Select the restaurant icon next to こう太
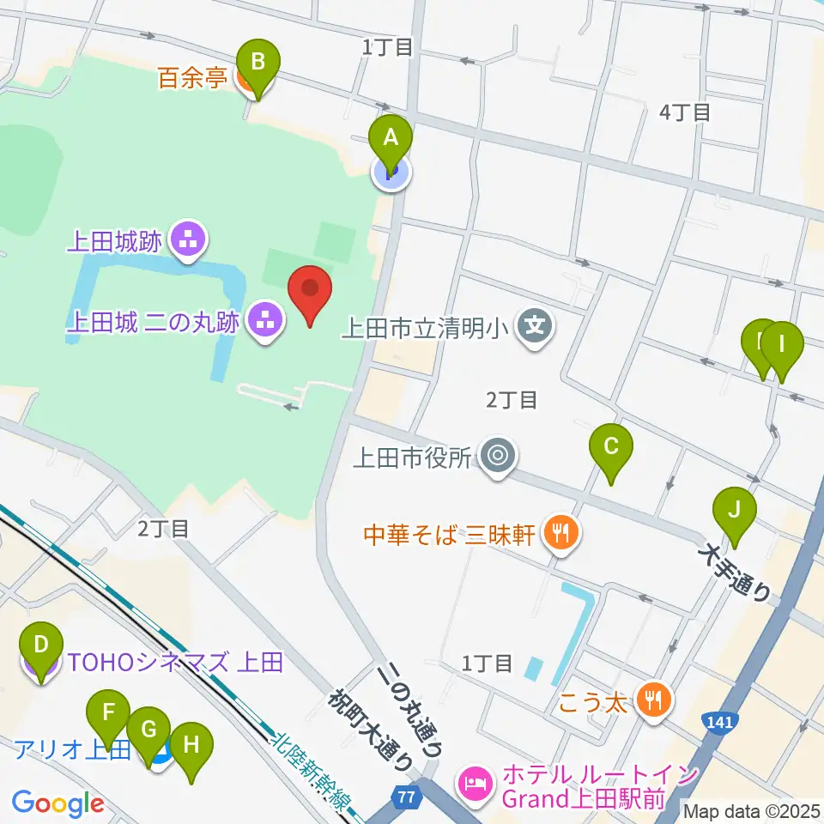click(654, 701)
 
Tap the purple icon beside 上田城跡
click(186, 240)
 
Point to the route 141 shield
click(718, 722)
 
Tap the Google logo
click(58, 803)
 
